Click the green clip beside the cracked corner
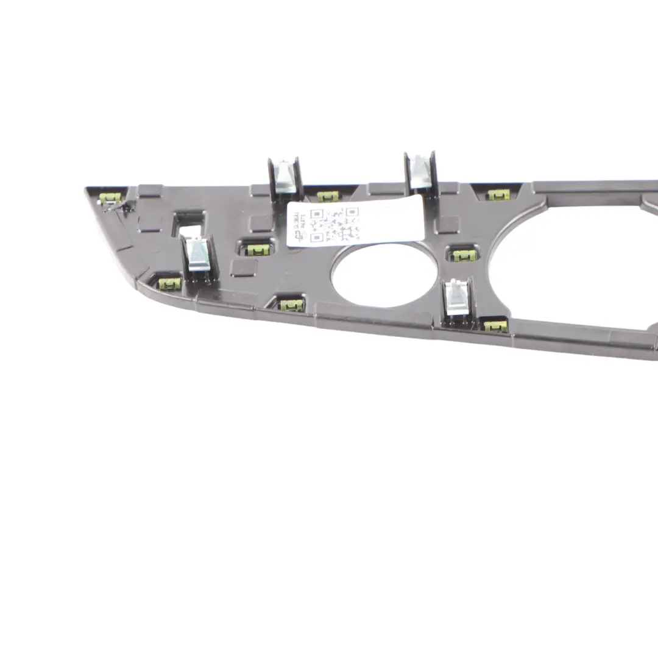click(x=112, y=197)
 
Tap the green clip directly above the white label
click(x=328, y=196)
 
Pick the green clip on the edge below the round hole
click(x=292, y=303)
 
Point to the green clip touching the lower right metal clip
click(x=495, y=325)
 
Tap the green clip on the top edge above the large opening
click(x=498, y=194)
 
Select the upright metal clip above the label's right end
click(x=420, y=171)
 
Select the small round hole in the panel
click(x=384, y=274)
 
